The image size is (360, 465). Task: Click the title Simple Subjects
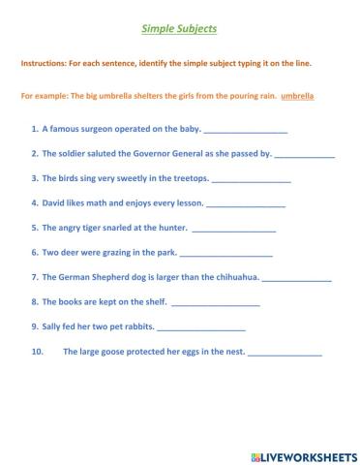179,30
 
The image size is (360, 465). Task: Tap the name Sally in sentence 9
54,327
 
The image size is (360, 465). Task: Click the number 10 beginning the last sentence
38,353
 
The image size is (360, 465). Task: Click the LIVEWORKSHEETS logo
303,454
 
